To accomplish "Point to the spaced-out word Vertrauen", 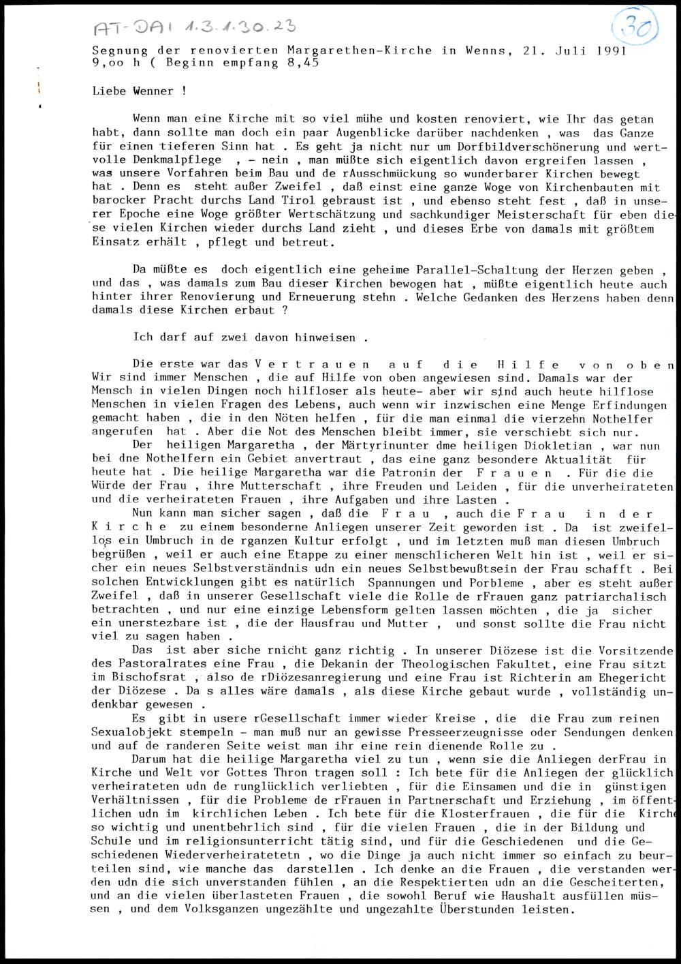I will click(312, 365).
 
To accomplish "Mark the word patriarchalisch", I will click(627, 596).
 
